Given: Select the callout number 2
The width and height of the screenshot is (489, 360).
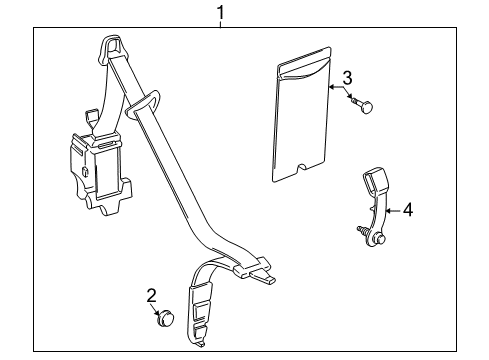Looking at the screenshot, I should click(x=151, y=295).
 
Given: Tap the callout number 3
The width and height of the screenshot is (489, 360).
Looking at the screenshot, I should click(x=346, y=77).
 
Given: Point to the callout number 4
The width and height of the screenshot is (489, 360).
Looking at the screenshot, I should click(x=408, y=210).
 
